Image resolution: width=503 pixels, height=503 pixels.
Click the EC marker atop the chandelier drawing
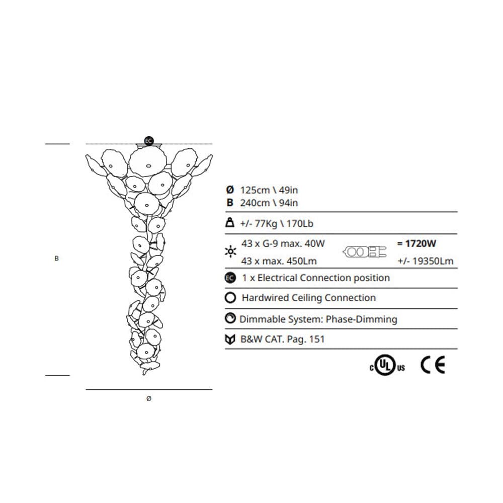click(x=148, y=141)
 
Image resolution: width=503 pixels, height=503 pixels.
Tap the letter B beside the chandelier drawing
click(x=56, y=259)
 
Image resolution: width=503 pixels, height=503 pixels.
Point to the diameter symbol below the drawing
click(x=148, y=398)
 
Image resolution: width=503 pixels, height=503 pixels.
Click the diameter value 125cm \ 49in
click(x=269, y=190)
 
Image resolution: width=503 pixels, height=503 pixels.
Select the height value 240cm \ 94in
click(x=269, y=203)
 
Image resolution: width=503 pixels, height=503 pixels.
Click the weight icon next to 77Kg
click(x=230, y=223)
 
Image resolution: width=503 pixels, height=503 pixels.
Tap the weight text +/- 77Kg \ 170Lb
click(x=277, y=223)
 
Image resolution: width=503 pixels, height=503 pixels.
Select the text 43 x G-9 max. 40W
click(x=283, y=244)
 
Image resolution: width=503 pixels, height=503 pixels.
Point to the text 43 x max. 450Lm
click(x=279, y=261)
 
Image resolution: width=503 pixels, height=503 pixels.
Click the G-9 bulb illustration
click(x=364, y=252)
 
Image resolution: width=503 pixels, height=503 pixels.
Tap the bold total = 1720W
click(x=416, y=244)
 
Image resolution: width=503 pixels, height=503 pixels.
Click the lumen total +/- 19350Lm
click(x=425, y=261)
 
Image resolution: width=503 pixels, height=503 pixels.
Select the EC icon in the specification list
click(x=230, y=278)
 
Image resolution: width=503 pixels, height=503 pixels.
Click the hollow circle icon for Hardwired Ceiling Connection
click(x=230, y=298)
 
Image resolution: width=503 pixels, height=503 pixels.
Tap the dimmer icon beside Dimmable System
click(x=230, y=318)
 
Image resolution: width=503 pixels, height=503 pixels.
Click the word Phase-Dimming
click(x=362, y=319)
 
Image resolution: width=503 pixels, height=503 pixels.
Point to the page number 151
click(x=316, y=339)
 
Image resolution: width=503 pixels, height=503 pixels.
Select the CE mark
click(x=433, y=366)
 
